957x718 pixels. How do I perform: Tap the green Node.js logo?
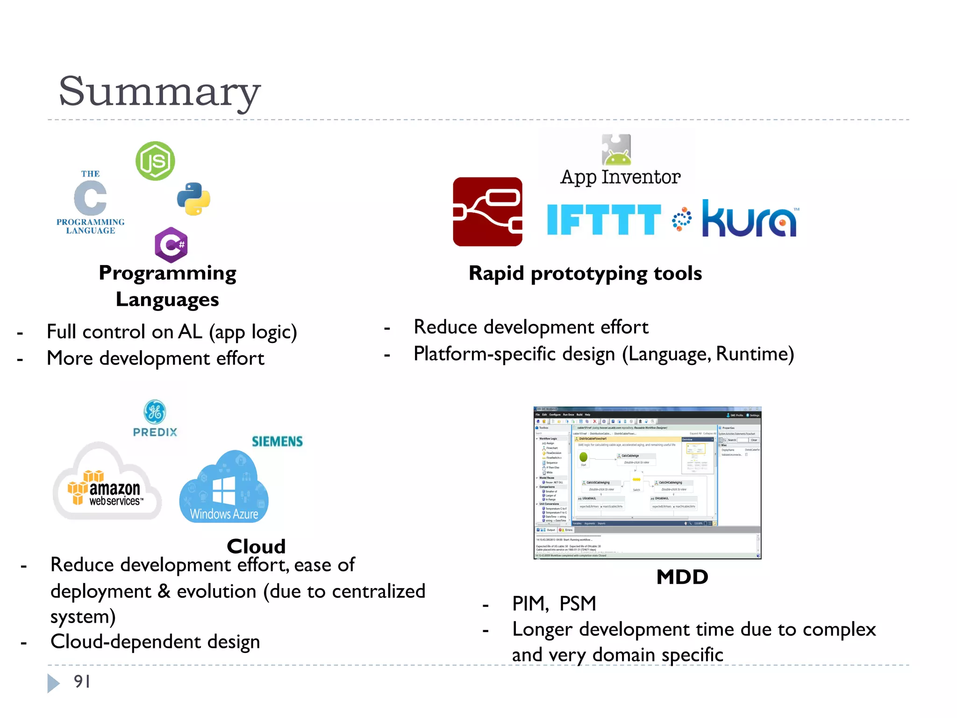pyautogui.click(x=155, y=161)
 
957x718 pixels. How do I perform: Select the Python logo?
pyautogui.click(x=193, y=199)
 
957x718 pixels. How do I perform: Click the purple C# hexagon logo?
pyautogui.click(x=171, y=244)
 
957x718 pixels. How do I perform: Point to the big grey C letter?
pyautogui.click(x=90, y=198)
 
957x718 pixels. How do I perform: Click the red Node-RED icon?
pyautogui.click(x=487, y=212)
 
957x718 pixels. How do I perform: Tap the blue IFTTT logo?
pyautogui.click(x=603, y=220)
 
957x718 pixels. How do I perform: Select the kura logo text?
pyautogui.click(x=750, y=220)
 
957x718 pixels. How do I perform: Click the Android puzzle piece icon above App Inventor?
pyautogui.click(x=616, y=150)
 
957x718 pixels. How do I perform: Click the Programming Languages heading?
pyautogui.click(x=167, y=286)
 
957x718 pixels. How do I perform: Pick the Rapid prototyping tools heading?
pyautogui.click(x=585, y=273)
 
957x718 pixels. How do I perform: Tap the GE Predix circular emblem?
pyautogui.click(x=155, y=412)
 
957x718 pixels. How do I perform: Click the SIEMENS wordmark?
pyautogui.click(x=277, y=441)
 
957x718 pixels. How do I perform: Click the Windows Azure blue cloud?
pyautogui.click(x=224, y=488)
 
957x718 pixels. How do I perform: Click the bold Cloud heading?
pyautogui.click(x=256, y=546)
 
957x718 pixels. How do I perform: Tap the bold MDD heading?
pyautogui.click(x=682, y=577)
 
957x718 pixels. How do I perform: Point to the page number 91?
pyautogui.click(x=82, y=682)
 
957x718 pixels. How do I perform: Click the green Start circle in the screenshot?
pyautogui.click(x=583, y=457)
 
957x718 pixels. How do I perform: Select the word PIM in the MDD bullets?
pyautogui.click(x=529, y=603)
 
